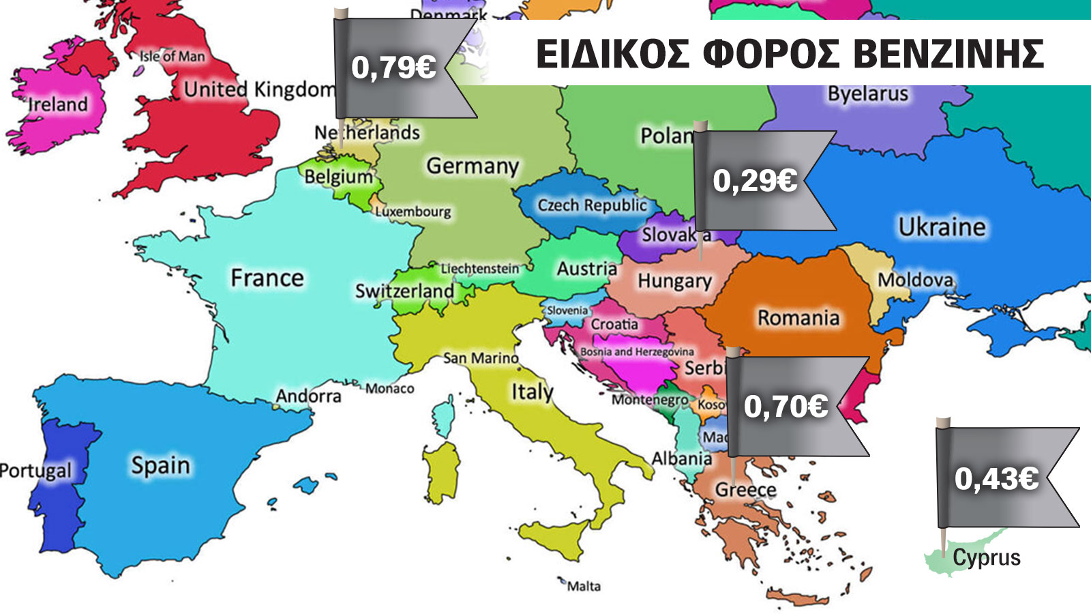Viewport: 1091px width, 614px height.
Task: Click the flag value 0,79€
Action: [393, 68]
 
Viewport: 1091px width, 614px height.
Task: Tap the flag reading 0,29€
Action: [755, 181]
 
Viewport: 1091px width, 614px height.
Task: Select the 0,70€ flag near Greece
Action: [786, 407]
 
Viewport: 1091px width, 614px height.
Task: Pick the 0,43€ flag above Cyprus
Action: [996, 478]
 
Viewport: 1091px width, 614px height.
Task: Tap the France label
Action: [267, 278]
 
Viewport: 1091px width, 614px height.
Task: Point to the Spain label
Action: [160, 465]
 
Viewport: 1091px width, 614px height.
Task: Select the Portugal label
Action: [35, 471]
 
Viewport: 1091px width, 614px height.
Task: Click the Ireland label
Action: [58, 104]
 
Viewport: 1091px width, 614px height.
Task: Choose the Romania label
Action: [798, 317]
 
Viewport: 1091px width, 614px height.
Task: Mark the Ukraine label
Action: [941, 226]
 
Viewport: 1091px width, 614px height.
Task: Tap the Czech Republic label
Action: [591, 205]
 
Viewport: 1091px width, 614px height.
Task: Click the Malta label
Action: [584, 586]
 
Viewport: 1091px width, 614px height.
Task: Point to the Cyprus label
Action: [986, 557]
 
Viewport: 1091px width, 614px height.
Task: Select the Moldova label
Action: [914, 280]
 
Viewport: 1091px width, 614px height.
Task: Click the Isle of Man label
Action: [172, 57]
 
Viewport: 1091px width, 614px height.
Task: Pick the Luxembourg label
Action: [413, 211]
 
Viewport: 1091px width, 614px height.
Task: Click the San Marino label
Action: [481, 358]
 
